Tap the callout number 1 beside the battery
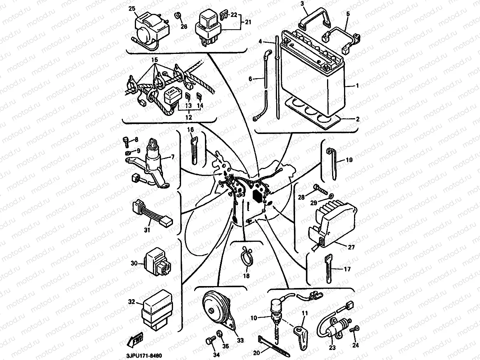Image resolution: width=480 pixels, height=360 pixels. coord(357,86)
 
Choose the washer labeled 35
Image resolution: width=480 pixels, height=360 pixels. coord(220,333)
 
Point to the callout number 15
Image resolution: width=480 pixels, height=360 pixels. coord(154,60)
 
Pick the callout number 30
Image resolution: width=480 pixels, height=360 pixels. coord(134,263)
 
